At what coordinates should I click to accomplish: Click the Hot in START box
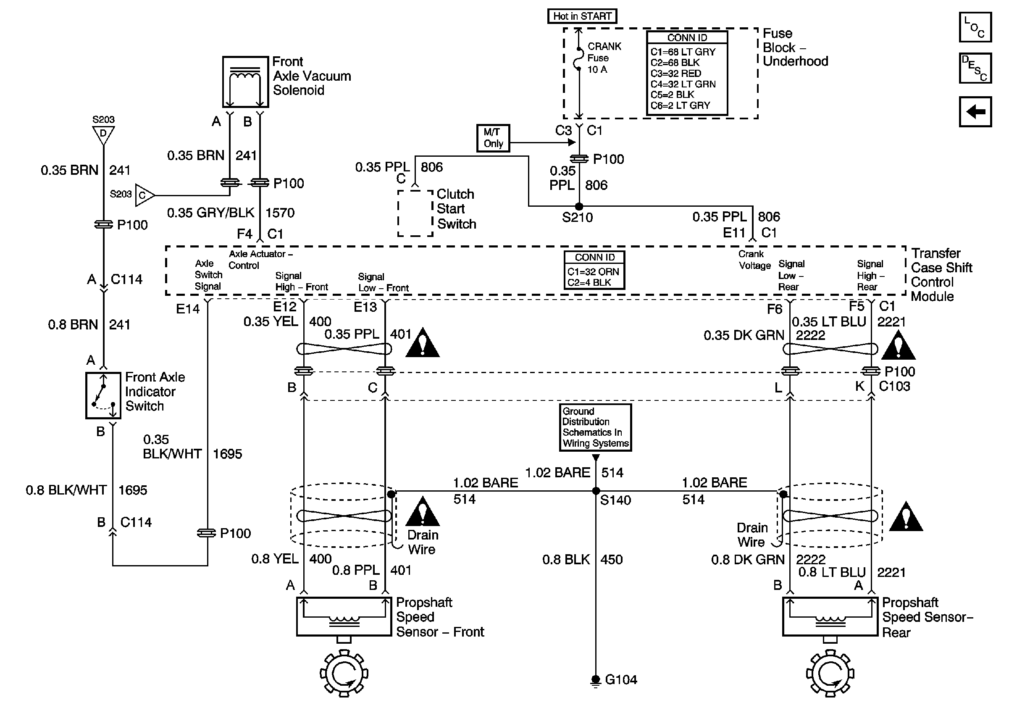[x=582, y=16]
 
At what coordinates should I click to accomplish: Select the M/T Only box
[x=493, y=138]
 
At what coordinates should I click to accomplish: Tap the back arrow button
[x=975, y=112]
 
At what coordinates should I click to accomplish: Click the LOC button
[x=975, y=27]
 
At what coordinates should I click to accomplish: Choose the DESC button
[x=975, y=68]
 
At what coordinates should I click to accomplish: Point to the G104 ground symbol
[x=596, y=680]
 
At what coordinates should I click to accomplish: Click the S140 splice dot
[x=596, y=491]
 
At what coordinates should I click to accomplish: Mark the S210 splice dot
[x=579, y=206]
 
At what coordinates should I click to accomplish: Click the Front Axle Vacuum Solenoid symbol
[x=245, y=82]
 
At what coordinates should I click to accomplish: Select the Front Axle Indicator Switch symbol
[x=103, y=395]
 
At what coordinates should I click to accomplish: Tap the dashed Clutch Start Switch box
[x=415, y=213]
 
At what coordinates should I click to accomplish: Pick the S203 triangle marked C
[x=144, y=195]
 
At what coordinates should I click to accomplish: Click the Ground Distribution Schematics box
[x=596, y=428]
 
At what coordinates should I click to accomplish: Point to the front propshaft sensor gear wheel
[x=344, y=673]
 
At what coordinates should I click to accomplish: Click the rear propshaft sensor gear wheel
[x=830, y=673]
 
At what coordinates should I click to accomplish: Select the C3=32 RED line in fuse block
[x=676, y=74]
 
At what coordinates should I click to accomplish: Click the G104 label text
[x=621, y=680]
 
